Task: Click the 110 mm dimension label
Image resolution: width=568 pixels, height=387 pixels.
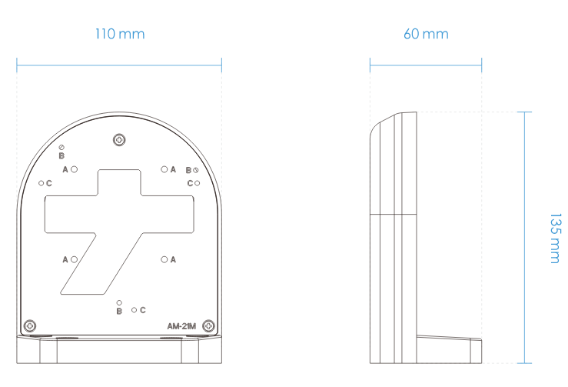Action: pyautogui.click(x=120, y=34)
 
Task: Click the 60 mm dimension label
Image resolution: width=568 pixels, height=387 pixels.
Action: pyautogui.click(x=426, y=34)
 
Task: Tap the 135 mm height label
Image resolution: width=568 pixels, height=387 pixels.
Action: pyautogui.click(x=555, y=238)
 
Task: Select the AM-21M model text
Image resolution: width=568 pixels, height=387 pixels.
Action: pyautogui.click(x=181, y=326)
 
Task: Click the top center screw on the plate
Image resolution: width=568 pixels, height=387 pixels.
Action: pyautogui.click(x=119, y=140)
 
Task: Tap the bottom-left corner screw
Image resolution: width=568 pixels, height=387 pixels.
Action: pyautogui.click(x=30, y=325)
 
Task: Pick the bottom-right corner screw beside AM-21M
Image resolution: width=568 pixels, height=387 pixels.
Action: pyautogui.click(x=208, y=325)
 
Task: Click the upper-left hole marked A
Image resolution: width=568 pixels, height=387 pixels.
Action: pyautogui.click(x=75, y=169)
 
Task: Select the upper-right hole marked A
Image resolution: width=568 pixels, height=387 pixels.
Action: pyautogui.click(x=164, y=169)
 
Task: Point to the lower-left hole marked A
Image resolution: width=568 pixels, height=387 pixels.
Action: pyautogui.click(x=75, y=259)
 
